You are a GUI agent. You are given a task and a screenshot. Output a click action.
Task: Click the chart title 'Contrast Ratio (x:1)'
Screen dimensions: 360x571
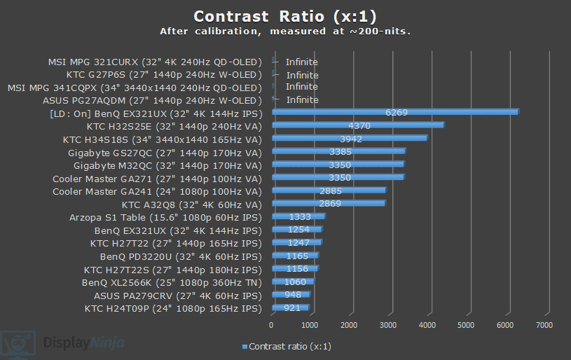pyautogui.click(x=285, y=16)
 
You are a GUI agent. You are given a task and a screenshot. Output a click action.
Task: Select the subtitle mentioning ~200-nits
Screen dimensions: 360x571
pyautogui.click(x=285, y=32)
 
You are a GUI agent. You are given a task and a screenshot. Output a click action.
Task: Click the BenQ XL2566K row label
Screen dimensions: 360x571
pyautogui.click(x=172, y=282)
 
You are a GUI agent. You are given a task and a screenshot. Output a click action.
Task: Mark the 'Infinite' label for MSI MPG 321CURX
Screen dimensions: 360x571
pyautogui.click(x=301, y=62)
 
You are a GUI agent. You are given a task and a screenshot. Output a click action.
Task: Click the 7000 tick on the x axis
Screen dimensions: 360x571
pyautogui.click(x=544, y=325)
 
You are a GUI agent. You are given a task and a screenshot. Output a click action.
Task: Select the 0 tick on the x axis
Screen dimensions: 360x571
pyautogui.click(x=272, y=325)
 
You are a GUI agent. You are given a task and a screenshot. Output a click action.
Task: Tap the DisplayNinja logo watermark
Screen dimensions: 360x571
pyautogui.click(x=63, y=343)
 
